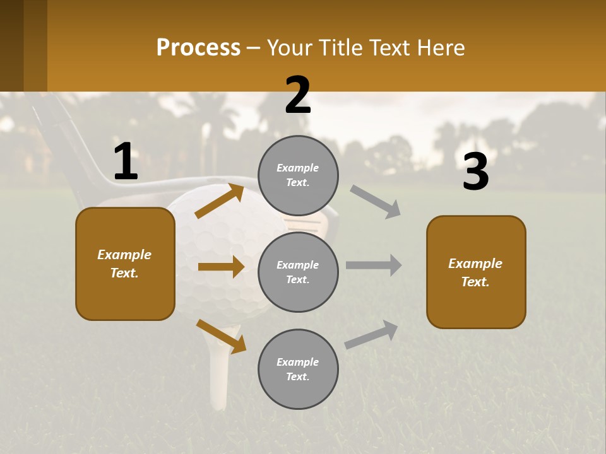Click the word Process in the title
pos(198,48)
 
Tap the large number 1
pos(126,162)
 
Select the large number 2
pos(298,96)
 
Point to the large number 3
pos(475,173)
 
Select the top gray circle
pos(298,175)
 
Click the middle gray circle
pos(298,272)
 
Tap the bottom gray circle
pos(298,369)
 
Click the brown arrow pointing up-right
pos(220,201)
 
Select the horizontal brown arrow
pos(221,267)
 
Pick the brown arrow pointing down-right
pos(221,336)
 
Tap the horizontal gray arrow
pos(374,265)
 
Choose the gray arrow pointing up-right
pos(372,334)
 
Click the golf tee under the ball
pos(218,372)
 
